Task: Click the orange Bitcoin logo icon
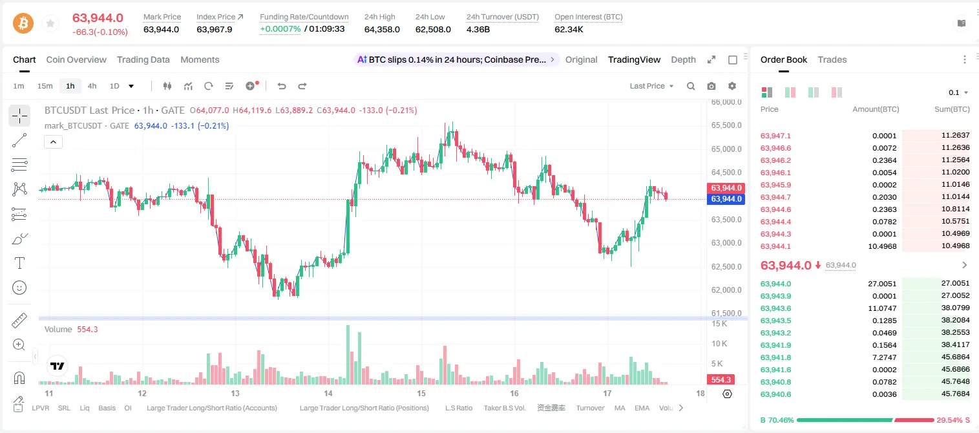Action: pyautogui.click(x=23, y=23)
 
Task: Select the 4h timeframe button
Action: pyautogui.click(x=92, y=86)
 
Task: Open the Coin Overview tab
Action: pyautogui.click(x=76, y=59)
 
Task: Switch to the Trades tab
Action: pyautogui.click(x=832, y=59)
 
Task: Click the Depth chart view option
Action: pyautogui.click(x=683, y=59)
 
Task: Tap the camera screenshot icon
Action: pyautogui.click(x=711, y=86)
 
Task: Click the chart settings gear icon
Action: pyautogui.click(x=732, y=86)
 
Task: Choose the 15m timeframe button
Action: pyautogui.click(x=45, y=86)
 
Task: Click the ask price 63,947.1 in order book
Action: pyautogui.click(x=775, y=136)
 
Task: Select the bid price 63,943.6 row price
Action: pyautogui.click(x=775, y=308)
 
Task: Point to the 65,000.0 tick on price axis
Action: pyautogui.click(x=726, y=149)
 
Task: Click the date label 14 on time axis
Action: pyautogui.click(x=328, y=393)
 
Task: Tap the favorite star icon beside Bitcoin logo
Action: pyautogui.click(x=50, y=23)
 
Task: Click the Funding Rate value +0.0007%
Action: pyautogui.click(x=280, y=29)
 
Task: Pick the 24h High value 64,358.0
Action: pyautogui.click(x=382, y=29)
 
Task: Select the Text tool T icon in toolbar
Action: pyautogui.click(x=19, y=263)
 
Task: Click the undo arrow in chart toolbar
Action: pyautogui.click(x=282, y=86)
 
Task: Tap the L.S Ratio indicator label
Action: pyautogui.click(x=458, y=408)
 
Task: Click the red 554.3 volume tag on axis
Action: pyautogui.click(x=721, y=380)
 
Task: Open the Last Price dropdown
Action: pyautogui.click(x=651, y=86)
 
